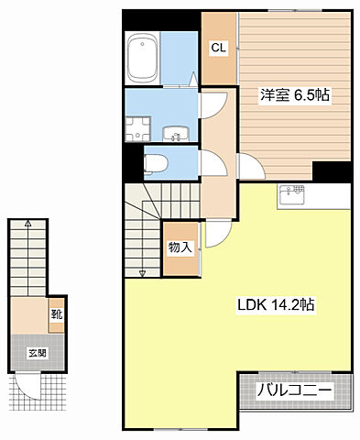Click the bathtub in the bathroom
(144, 57)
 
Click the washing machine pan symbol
(141, 128)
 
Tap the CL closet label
(219, 48)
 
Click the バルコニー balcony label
(293, 390)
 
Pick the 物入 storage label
(180, 247)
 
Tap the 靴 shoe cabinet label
(56, 314)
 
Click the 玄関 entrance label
(37, 352)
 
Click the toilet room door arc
(210, 164)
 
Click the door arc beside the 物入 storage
(211, 236)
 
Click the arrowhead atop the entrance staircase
(28, 223)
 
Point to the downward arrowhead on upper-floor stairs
(141, 272)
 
